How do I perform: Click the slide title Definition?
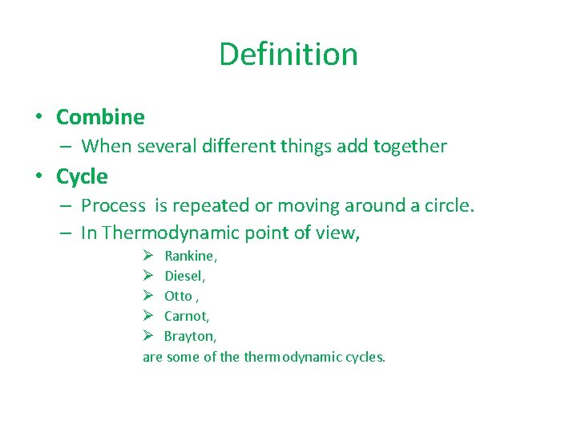click(288, 55)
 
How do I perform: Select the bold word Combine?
click(100, 117)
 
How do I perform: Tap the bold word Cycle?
click(82, 176)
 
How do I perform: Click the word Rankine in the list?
click(190, 256)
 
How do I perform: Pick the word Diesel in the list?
click(184, 276)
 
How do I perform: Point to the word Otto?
click(178, 296)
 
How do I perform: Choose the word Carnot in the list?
click(186, 316)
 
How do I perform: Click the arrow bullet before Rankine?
click(148, 256)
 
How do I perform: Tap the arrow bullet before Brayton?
click(148, 336)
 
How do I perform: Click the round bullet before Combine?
click(38, 117)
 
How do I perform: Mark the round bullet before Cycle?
click(38, 176)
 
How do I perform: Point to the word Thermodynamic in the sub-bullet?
click(165, 233)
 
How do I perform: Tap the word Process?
click(113, 205)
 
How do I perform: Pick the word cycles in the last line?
click(365, 357)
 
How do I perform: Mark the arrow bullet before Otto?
click(148, 296)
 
